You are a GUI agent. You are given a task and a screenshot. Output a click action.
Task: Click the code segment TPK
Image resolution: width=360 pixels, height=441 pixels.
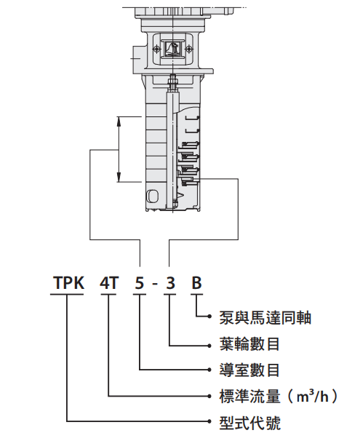coord(68,282)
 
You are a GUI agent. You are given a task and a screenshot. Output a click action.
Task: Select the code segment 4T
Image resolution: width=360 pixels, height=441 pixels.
coord(109,282)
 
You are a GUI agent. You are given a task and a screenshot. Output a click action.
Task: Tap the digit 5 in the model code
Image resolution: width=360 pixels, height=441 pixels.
coord(140,282)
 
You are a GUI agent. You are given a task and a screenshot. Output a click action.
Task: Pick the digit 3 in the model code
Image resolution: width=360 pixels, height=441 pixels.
coord(170,282)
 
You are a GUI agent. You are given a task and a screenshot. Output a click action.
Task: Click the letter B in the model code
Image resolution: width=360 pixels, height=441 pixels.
coord(196,282)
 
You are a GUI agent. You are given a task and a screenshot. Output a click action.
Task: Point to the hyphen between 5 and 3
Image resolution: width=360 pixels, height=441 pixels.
coord(155,284)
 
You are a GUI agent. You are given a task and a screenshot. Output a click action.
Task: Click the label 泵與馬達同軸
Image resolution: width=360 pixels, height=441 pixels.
coord(265,318)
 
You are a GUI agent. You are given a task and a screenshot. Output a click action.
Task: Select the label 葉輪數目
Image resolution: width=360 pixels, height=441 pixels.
coord(249,344)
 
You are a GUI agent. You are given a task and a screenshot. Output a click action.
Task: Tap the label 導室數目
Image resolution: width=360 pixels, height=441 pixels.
coord(249,370)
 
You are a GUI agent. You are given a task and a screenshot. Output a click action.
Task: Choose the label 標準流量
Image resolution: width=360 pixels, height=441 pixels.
coord(249,396)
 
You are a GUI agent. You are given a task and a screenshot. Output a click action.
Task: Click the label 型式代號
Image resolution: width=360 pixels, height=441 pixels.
coord(249,422)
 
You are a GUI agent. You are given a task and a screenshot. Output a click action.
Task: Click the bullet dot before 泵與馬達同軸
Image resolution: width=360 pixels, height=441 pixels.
coord(209,317)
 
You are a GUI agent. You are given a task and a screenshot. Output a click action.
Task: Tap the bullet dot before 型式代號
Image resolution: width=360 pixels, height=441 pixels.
coord(209,421)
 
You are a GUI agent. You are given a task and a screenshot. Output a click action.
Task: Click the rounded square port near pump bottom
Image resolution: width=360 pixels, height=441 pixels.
coord(152,195)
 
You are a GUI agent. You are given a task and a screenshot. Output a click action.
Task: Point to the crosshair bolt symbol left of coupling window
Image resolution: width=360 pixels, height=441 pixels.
coord(156,49)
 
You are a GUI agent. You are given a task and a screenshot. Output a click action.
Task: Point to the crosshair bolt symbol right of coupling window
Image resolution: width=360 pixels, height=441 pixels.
coord(188,49)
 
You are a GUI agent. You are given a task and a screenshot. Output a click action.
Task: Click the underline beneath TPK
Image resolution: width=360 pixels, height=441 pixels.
coord(67,295)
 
